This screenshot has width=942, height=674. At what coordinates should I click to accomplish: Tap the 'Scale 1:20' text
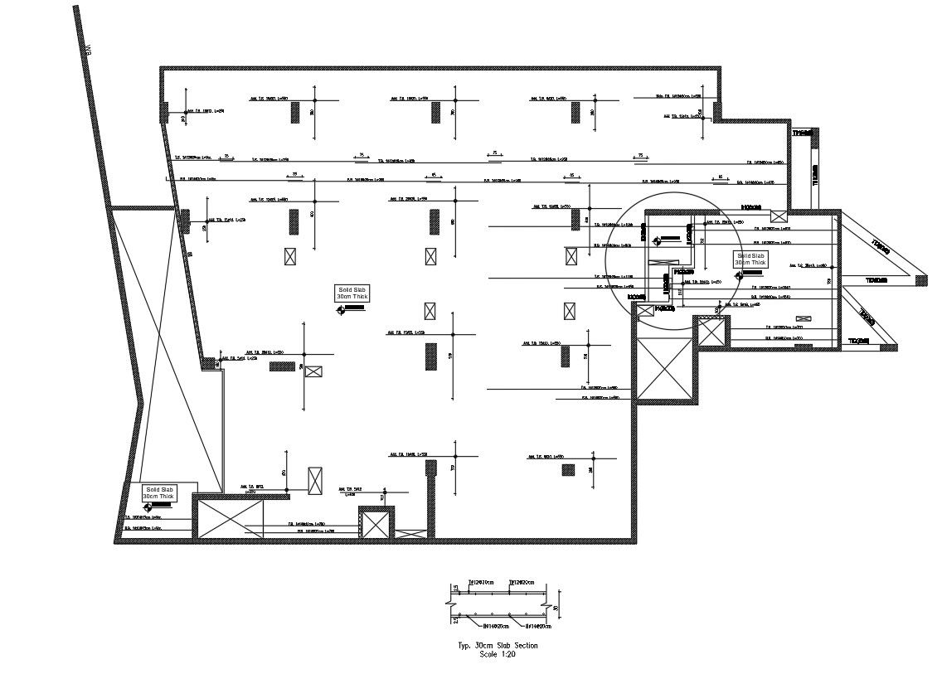[498, 653]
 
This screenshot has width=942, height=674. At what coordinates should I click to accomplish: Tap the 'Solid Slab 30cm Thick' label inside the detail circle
[751, 259]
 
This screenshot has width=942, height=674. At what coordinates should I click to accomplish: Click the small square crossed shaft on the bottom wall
[376, 525]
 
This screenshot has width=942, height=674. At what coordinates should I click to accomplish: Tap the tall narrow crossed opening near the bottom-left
[315, 480]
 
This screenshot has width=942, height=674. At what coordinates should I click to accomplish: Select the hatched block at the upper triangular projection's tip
[920, 280]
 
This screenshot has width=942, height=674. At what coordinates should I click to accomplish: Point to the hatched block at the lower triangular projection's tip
[887, 346]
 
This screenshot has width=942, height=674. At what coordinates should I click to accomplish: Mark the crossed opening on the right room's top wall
[778, 216]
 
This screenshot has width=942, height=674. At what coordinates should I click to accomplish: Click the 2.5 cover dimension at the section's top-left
[455, 589]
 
